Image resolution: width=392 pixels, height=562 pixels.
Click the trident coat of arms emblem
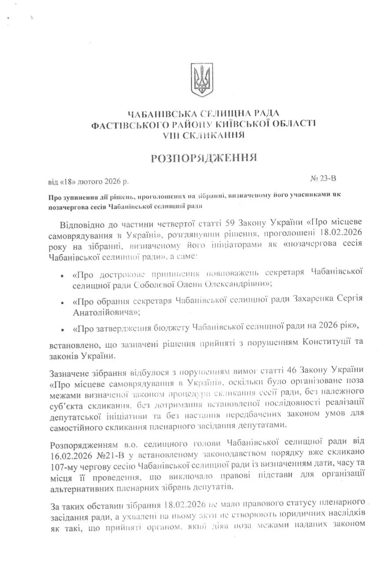click(203, 79)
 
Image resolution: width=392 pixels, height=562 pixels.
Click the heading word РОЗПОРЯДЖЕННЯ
click(204, 158)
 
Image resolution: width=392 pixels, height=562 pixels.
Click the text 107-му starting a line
click(65, 463)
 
